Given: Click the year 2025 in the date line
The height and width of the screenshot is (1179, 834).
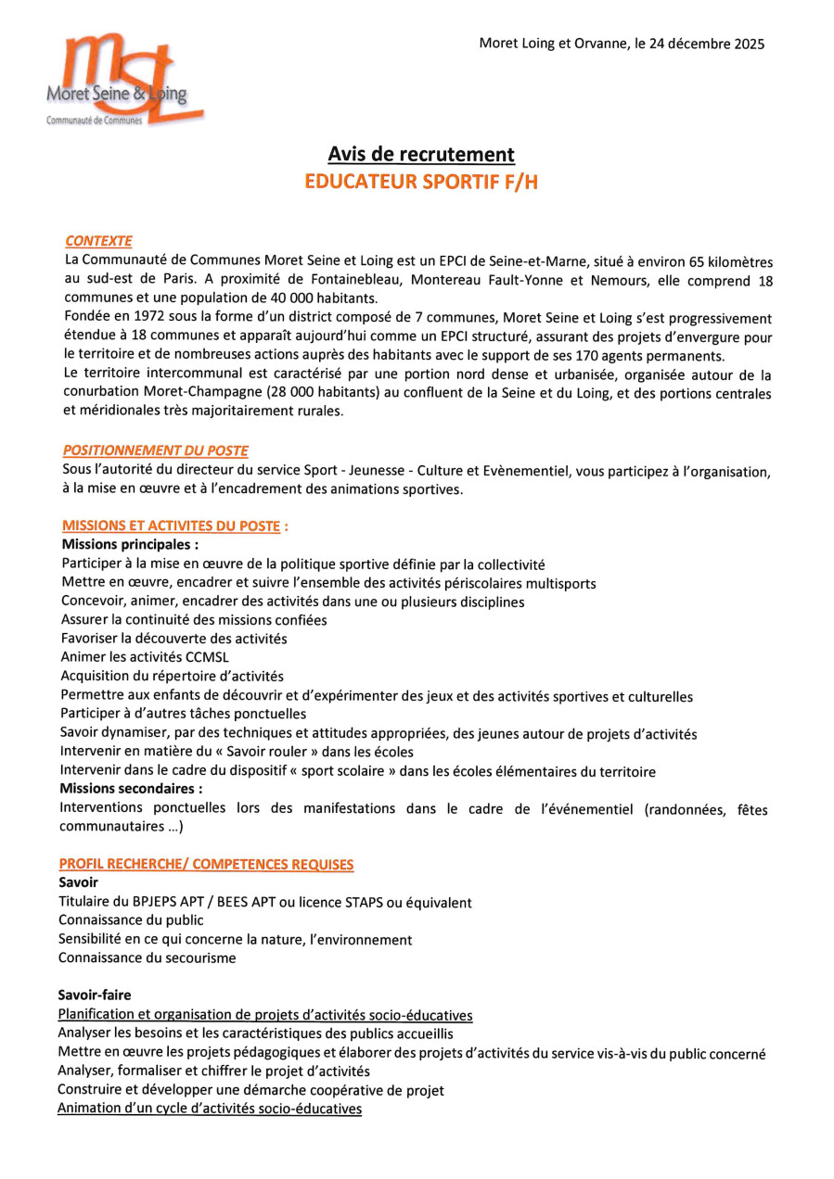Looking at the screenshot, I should pyautogui.click(x=747, y=44).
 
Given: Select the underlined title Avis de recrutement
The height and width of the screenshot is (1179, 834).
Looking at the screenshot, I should pyautogui.click(x=421, y=155).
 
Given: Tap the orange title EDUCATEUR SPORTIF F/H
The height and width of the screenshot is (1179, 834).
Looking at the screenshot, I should pyautogui.click(x=421, y=182).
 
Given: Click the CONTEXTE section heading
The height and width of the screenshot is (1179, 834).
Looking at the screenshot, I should pyautogui.click(x=98, y=241).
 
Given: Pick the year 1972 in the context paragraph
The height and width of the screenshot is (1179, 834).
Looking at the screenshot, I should pyautogui.click(x=141, y=318).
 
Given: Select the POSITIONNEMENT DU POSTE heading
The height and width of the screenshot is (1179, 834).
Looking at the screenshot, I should pyautogui.click(x=155, y=450).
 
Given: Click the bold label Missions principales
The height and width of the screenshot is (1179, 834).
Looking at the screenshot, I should pyautogui.click(x=130, y=545).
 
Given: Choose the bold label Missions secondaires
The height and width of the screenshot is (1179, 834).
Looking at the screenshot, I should pyautogui.click(x=132, y=789).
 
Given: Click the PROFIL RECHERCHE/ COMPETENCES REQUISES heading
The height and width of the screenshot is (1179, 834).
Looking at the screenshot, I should pyautogui.click(x=206, y=864).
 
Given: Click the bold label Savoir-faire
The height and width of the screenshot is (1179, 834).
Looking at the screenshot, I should pyautogui.click(x=95, y=995).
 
